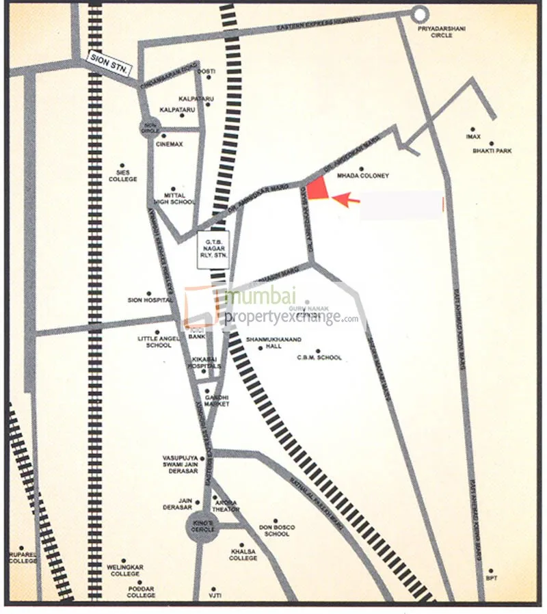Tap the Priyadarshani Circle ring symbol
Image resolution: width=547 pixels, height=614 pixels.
[419, 13]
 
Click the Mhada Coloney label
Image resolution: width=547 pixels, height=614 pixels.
[363, 176]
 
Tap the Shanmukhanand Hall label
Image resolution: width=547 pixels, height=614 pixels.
[263, 343]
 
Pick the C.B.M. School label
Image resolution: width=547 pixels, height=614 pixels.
[319, 358]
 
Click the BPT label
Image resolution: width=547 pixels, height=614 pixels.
[491, 578]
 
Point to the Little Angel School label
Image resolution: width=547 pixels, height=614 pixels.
[158, 341]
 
